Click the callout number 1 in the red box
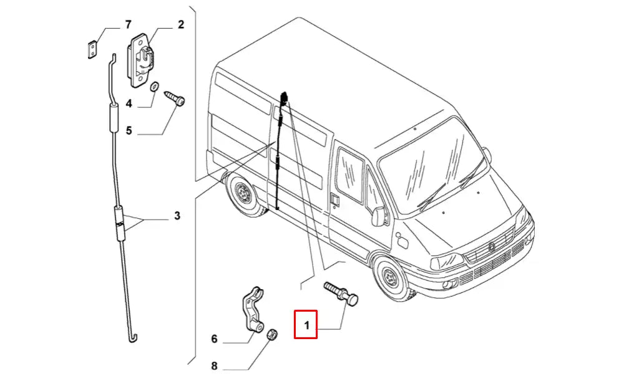click(x=306, y=325)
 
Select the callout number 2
click(x=180, y=26)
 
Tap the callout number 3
click(x=177, y=216)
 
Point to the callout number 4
click(x=129, y=103)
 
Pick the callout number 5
click(x=129, y=130)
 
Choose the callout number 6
click(x=214, y=339)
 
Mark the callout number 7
click(x=128, y=26)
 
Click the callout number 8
click(x=214, y=366)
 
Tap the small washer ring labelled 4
click(x=155, y=85)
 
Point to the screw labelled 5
click(x=174, y=98)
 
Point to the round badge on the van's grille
click(x=492, y=247)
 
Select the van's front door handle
click(x=334, y=199)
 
